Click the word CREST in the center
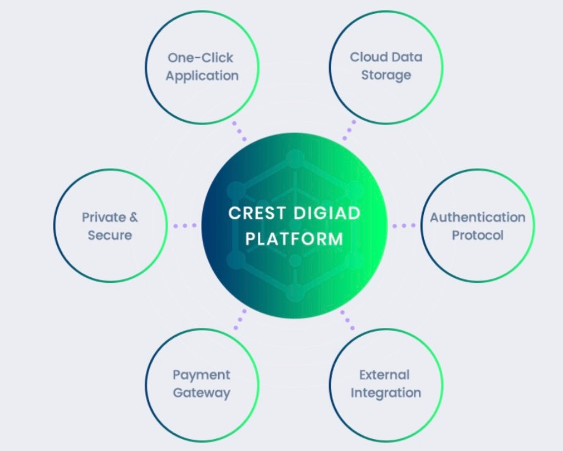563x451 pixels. pyautogui.click(x=257, y=213)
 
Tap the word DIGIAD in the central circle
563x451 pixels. pyautogui.click(x=327, y=213)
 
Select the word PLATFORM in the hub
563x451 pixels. pyautogui.click(x=294, y=239)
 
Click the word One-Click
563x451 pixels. pyautogui.click(x=200, y=57)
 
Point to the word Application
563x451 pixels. pyautogui.click(x=202, y=76)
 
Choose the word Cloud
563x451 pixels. pyautogui.click(x=365, y=57)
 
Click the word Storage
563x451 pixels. pyautogui.click(x=386, y=75)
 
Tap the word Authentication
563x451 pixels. pyautogui.click(x=478, y=217)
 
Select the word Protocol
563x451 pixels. pyautogui.click(x=478, y=236)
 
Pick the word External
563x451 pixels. pyautogui.click(x=384, y=375)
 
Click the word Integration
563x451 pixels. pyautogui.click(x=385, y=394)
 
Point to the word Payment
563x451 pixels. pyautogui.click(x=202, y=375)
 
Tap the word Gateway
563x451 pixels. pyautogui.click(x=202, y=393)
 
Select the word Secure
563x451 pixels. pyautogui.click(x=110, y=236)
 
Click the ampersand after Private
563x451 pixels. pyautogui.click(x=133, y=217)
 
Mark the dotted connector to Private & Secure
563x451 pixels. pyautogui.click(x=185, y=225)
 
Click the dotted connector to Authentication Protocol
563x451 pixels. pyautogui.click(x=404, y=225)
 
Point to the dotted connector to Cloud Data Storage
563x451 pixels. pyautogui.click(x=349, y=130)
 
